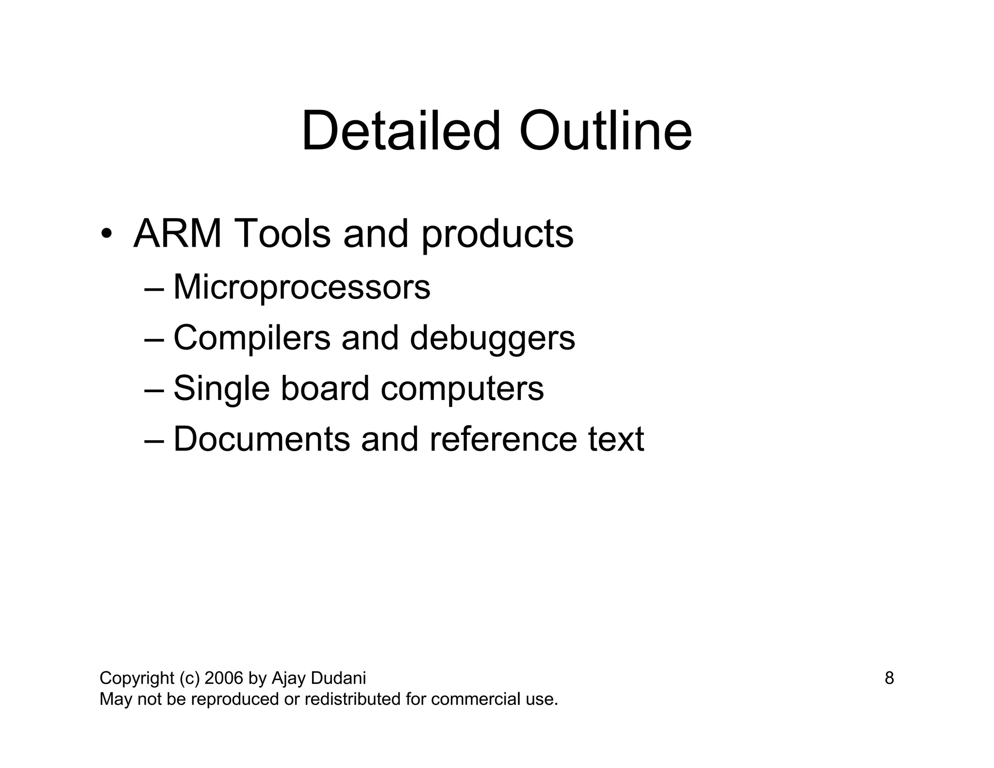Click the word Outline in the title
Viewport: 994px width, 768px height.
pos(605,131)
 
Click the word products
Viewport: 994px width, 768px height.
pos(497,234)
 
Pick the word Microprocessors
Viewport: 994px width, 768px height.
pos(301,287)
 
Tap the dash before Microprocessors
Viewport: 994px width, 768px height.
pos(154,289)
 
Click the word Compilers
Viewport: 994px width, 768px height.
pos(252,338)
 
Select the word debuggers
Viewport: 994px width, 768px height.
pos(492,338)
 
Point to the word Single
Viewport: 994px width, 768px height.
pos(221,389)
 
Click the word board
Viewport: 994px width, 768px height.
pos(325,388)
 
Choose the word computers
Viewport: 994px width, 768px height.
pos(462,389)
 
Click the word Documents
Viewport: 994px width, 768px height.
pos(262,439)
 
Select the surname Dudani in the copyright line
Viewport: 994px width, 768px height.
pos(338,678)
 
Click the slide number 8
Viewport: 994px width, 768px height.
pos(889,678)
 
